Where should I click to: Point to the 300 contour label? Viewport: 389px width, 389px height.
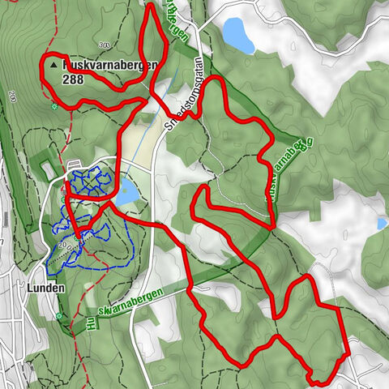103,45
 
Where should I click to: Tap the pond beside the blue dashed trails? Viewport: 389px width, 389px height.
127,193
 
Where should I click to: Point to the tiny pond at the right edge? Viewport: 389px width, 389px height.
382,223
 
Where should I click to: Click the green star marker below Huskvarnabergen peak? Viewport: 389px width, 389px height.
54,106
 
